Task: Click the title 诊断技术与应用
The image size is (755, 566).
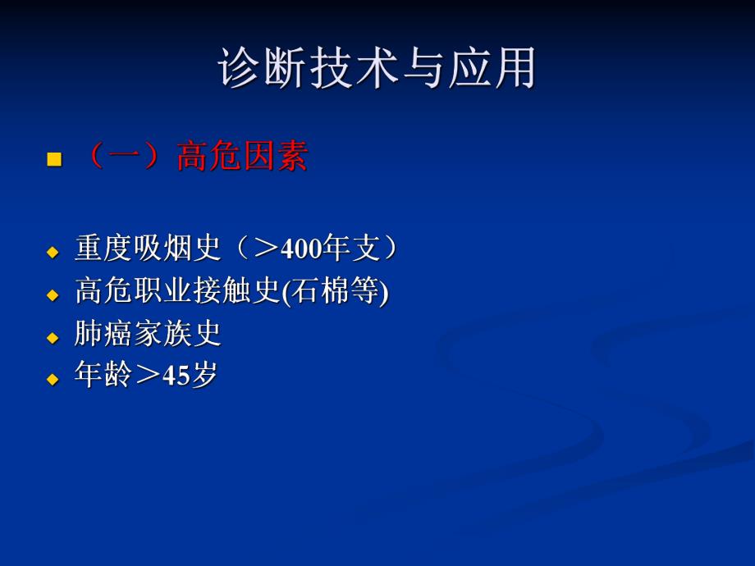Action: (377, 68)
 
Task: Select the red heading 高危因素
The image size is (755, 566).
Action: (242, 156)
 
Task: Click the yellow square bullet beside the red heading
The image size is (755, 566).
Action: (55, 158)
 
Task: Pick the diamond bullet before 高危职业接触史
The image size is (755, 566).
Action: (54, 294)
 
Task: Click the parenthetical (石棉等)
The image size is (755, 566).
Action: (336, 291)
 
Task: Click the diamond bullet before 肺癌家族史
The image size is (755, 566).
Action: (54, 337)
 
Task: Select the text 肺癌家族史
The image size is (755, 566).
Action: (148, 334)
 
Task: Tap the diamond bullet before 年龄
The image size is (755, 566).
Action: (54, 379)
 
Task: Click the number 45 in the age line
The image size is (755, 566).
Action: (176, 377)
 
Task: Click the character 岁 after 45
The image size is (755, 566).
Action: (204, 376)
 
